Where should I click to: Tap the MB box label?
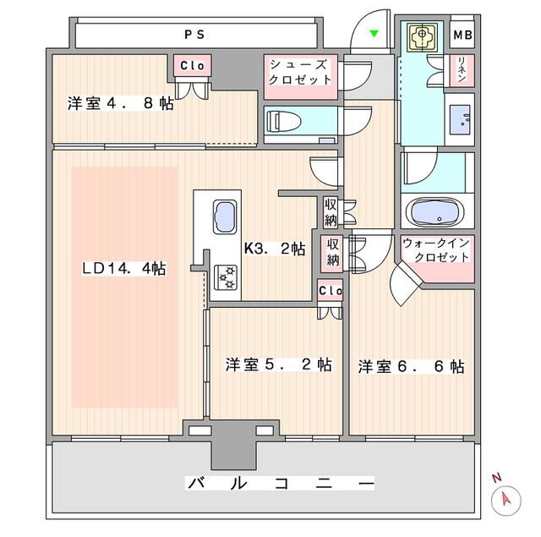(x=462, y=35)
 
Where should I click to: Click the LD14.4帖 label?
(x=123, y=268)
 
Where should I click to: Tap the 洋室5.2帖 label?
(x=277, y=364)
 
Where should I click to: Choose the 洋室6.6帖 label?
(x=410, y=366)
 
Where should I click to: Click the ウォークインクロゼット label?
(x=436, y=250)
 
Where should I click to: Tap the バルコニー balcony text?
(x=280, y=484)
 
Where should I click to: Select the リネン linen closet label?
(x=462, y=68)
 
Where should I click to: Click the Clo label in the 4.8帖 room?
(x=190, y=65)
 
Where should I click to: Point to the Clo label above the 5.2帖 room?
(x=330, y=290)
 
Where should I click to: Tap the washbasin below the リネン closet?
(x=462, y=118)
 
